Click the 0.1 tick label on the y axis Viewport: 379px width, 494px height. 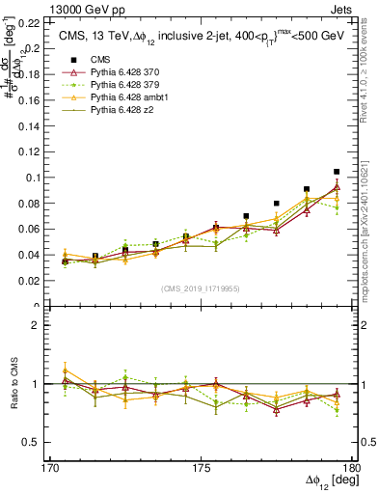coord(32,178)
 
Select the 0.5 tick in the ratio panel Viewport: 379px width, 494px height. coord(33,442)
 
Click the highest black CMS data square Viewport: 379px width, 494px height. coord(337,172)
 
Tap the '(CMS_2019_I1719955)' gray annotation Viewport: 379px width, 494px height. coord(200,288)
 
